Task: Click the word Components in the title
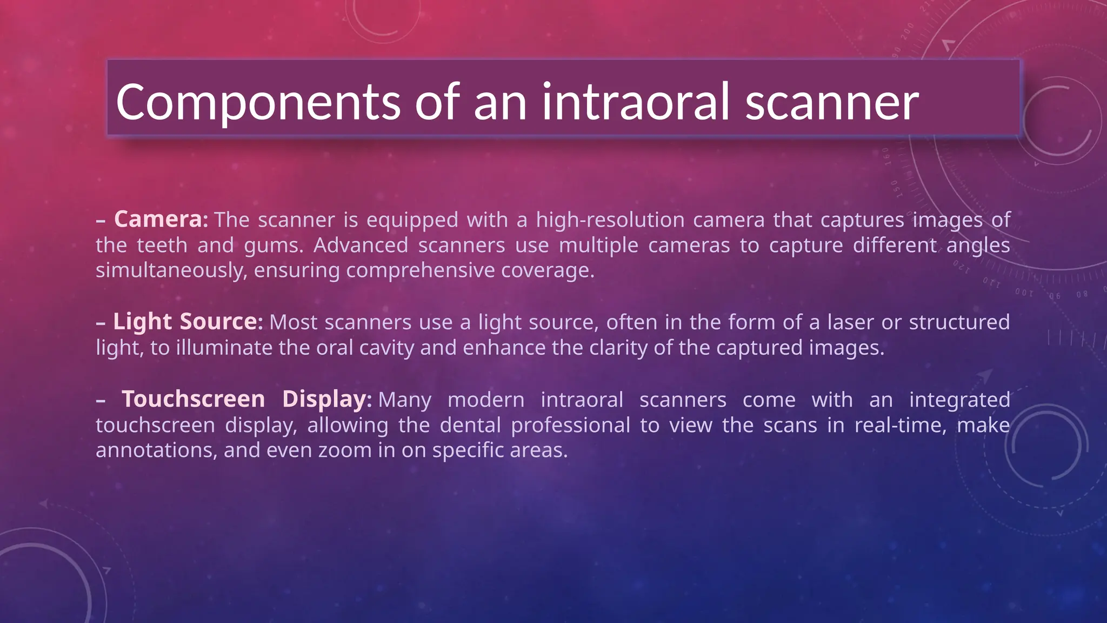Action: coord(258,102)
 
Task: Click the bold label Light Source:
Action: coord(188,321)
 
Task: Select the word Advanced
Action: coord(361,245)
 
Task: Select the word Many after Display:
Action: coord(404,400)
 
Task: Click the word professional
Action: coord(570,425)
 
